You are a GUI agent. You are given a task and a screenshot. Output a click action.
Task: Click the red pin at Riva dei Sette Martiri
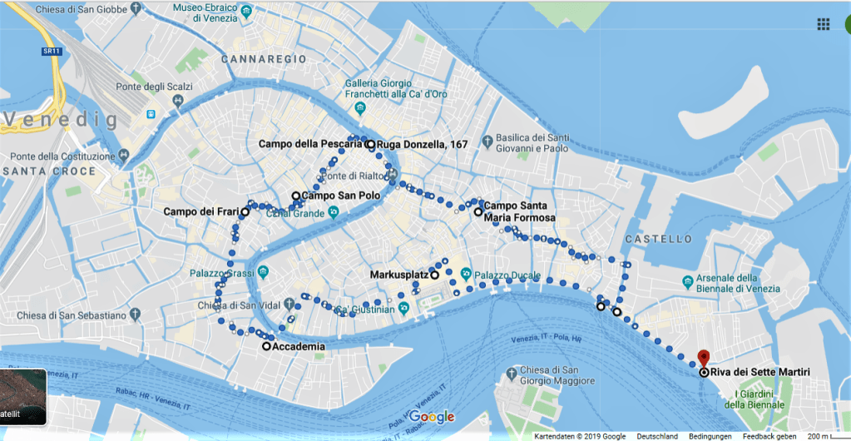(x=704, y=357)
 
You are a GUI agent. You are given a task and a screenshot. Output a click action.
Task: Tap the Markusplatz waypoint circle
(x=435, y=274)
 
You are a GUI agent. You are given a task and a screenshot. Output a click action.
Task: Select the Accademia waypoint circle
(x=266, y=346)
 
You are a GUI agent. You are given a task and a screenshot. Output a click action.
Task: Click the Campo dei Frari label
(x=200, y=212)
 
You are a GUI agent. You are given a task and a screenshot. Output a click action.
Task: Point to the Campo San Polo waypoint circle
(x=295, y=196)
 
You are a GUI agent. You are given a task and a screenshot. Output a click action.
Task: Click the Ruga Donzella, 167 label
(x=422, y=144)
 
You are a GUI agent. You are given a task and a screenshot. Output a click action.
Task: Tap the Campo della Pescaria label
(x=310, y=144)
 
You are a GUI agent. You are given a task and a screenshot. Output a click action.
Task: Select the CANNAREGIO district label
(x=264, y=60)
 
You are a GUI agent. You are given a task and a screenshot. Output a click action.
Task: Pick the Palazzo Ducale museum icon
(x=466, y=274)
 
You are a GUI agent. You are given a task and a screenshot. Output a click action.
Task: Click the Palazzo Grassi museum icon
(x=263, y=273)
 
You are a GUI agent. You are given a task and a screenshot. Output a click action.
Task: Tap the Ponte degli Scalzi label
(x=155, y=87)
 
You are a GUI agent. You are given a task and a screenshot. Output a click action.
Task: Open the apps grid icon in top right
(x=824, y=24)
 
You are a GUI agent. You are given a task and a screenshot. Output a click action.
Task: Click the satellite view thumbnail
(x=23, y=397)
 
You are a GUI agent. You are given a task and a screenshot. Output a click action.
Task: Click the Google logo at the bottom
(x=432, y=417)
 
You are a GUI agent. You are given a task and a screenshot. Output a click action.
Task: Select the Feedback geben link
(x=769, y=436)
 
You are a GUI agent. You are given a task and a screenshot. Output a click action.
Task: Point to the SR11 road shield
(x=50, y=52)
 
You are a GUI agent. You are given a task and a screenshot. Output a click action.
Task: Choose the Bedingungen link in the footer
(x=710, y=436)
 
